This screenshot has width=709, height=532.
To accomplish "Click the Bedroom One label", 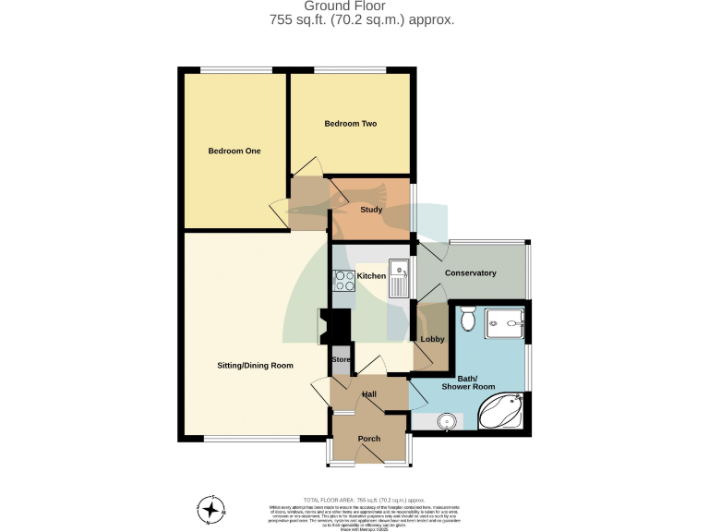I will coord(234,151).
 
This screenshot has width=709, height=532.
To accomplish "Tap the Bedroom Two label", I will coord(350,124).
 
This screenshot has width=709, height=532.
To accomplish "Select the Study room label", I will coord(370,210).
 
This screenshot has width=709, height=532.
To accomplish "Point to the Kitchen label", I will coord(371,276).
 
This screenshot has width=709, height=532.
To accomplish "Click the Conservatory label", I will coord(470,273).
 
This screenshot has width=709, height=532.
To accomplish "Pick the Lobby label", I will coord(432,340).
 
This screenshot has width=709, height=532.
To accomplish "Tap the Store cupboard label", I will coord(341,359).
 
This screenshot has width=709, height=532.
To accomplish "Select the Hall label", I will coord(369,394).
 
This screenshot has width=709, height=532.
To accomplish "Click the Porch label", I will coord(369,439).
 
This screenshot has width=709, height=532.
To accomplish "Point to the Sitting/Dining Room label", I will coord(255,366).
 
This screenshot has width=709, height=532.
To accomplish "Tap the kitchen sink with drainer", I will coord(400,277).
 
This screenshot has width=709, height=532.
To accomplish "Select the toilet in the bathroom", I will coord(467,318).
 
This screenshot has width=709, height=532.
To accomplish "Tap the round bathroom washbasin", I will coord(447,422).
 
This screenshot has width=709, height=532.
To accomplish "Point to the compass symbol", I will coord(211,509).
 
